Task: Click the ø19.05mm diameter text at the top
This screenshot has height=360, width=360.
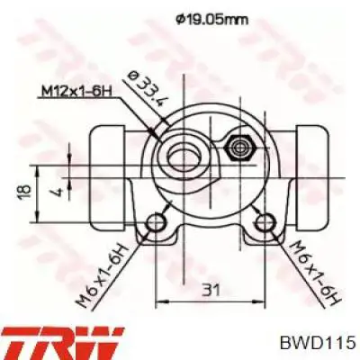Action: (x=211, y=20)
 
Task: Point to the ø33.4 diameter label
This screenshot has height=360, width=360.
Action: (x=147, y=89)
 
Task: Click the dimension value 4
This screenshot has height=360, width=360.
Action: (x=58, y=191)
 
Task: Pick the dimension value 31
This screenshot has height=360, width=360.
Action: (x=211, y=290)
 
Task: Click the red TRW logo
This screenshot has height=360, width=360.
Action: (x=62, y=345)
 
